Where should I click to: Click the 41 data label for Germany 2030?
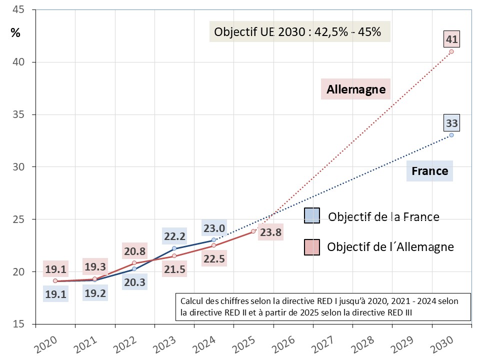point(451,39)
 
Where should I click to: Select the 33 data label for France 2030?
point(451,123)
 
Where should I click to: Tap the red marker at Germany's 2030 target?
point(451,51)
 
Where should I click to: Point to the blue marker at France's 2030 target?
point(451,135)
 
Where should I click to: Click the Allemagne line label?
point(356,89)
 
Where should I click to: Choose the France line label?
point(429,171)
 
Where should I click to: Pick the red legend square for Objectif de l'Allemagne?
point(311,246)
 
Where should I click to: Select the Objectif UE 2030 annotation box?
point(298,32)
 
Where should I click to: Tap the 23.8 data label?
point(270,232)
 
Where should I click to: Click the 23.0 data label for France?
point(213,228)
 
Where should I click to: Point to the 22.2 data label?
point(174,236)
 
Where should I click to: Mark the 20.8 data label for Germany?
point(134,251)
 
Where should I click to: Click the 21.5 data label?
point(174,270)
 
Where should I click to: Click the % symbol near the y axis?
point(16,33)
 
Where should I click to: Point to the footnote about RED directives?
point(323,306)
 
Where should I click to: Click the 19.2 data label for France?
point(95,293)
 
